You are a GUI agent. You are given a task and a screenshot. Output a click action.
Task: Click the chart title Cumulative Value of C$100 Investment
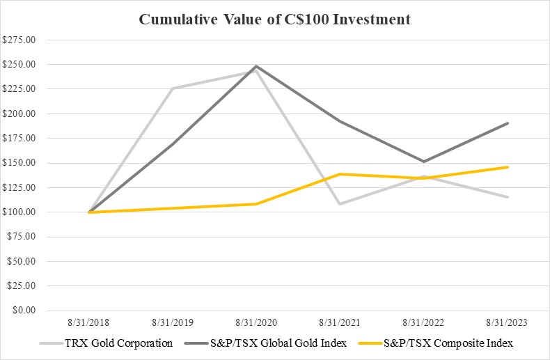pos(275,19)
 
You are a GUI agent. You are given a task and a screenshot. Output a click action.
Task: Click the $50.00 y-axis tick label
pos(22,261)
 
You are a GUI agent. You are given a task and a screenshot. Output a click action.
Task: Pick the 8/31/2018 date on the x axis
pos(89,323)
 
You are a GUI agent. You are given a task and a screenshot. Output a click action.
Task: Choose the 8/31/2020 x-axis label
pos(256,323)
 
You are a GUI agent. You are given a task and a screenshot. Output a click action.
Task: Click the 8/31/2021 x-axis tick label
pos(340,323)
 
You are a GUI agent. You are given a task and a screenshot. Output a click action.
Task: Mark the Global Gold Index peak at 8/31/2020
pos(256,66)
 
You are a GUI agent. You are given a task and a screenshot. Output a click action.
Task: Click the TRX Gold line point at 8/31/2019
pos(173,88)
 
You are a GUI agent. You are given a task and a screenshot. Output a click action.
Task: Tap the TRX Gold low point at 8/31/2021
pos(340,203)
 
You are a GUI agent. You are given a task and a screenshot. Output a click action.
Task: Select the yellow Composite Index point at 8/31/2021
pos(340,174)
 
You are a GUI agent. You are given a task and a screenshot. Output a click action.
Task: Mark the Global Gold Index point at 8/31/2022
pos(423,162)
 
